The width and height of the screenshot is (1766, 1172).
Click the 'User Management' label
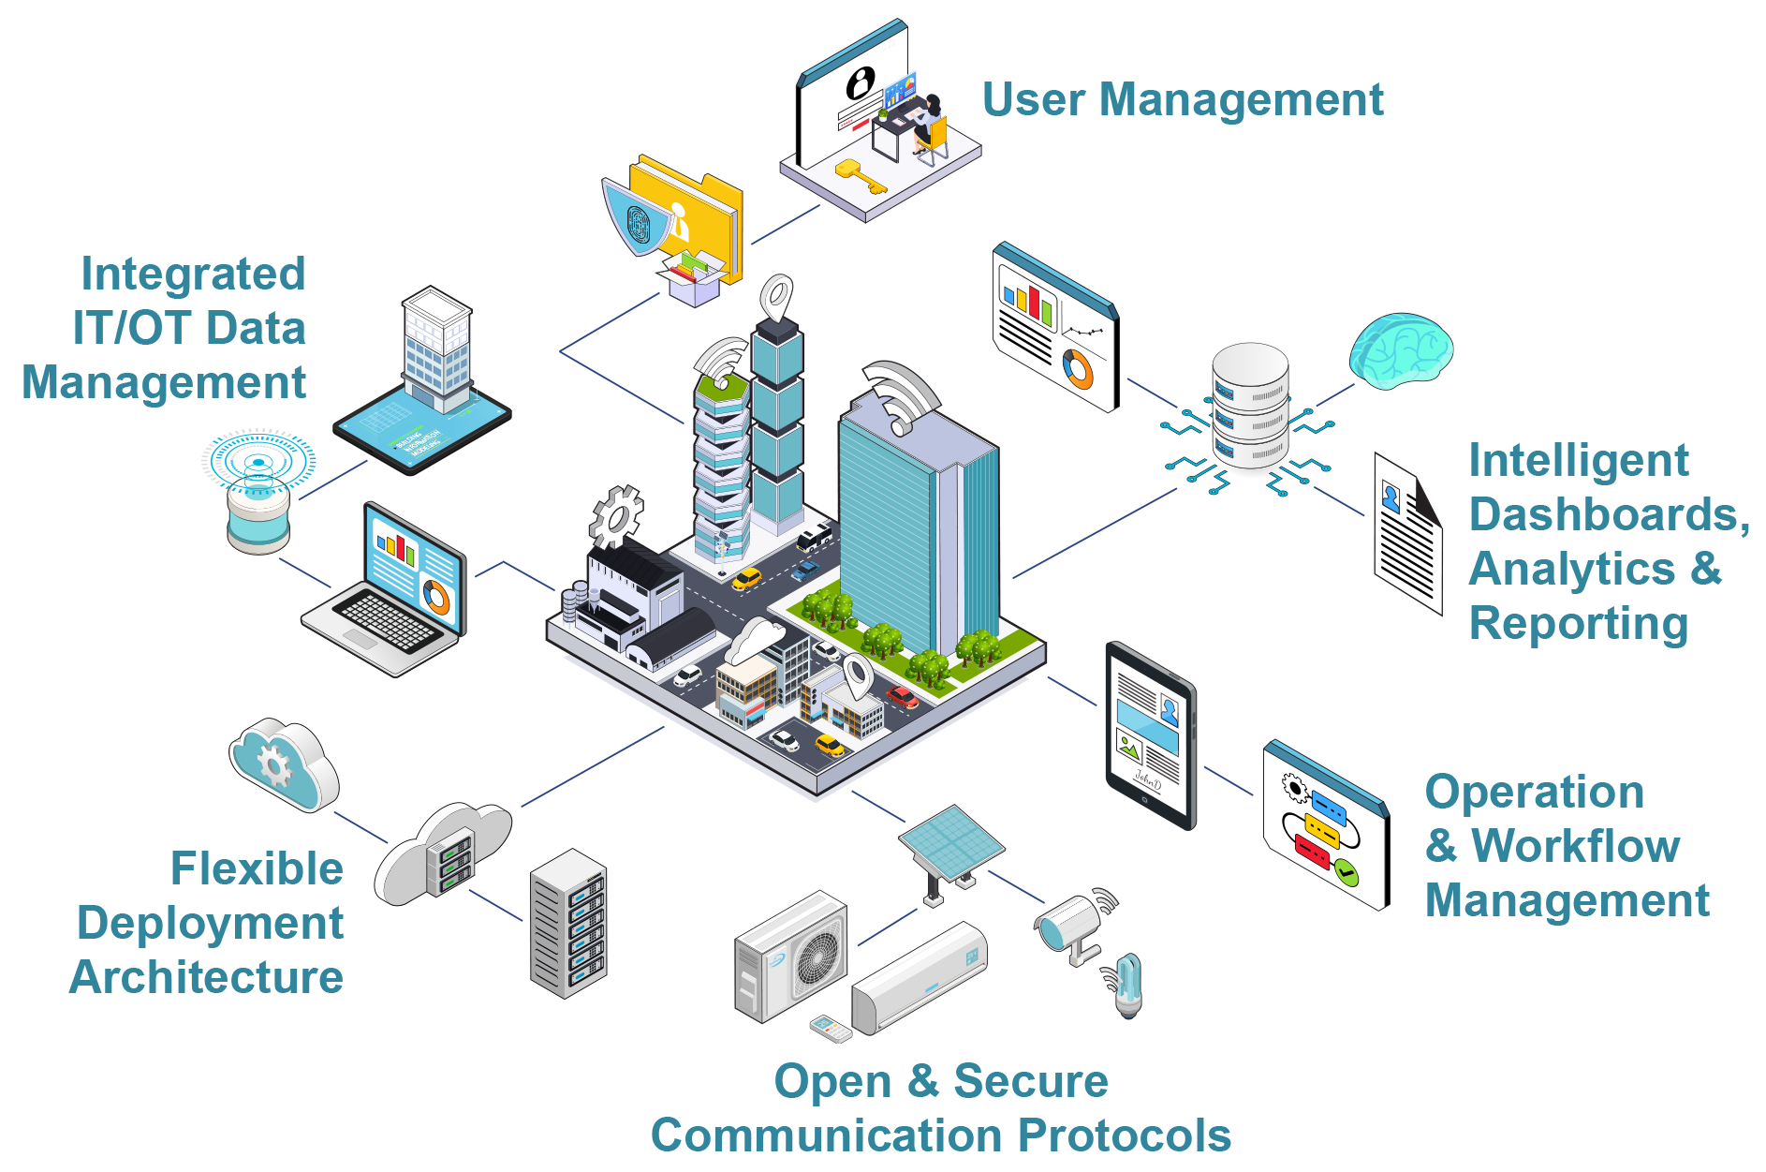tap(1182, 99)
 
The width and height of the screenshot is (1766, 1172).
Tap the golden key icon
tap(859, 175)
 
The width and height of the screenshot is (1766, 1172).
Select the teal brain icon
tap(1400, 350)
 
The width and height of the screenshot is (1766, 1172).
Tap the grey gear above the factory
tap(616, 516)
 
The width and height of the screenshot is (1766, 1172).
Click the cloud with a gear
tap(283, 764)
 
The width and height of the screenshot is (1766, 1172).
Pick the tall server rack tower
tap(568, 923)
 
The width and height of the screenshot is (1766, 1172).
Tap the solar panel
tap(950, 843)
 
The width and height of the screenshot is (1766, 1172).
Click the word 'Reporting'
tap(1578, 624)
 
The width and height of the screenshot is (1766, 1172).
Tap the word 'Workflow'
tap(1575, 846)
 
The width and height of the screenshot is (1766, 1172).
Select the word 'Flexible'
tap(257, 869)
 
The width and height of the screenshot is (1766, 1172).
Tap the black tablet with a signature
tap(1150, 735)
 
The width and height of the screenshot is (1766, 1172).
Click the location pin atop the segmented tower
tap(776, 298)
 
